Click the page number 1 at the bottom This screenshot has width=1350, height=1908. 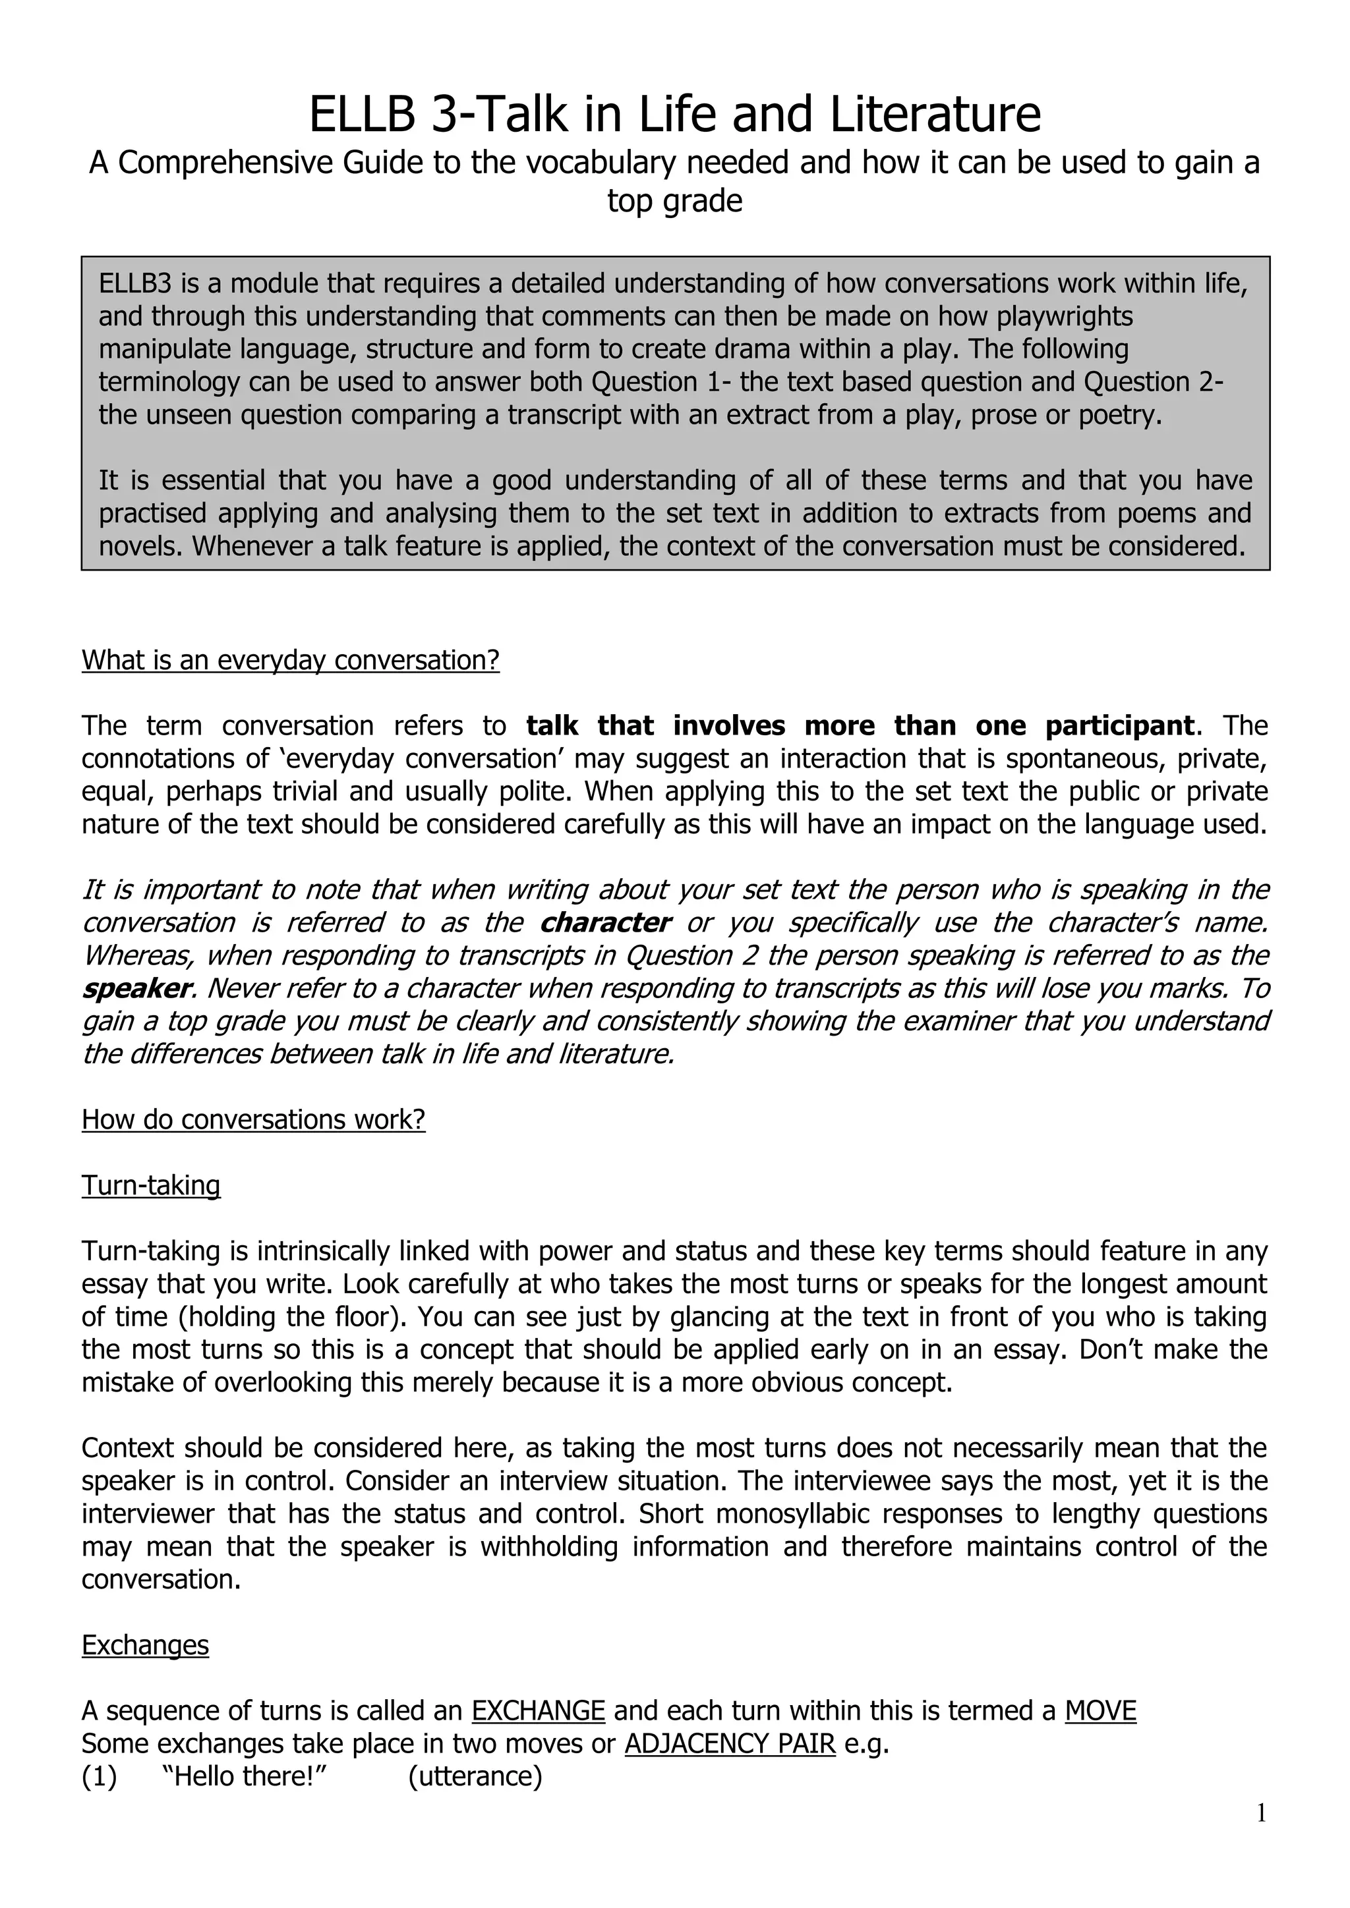tap(1261, 1813)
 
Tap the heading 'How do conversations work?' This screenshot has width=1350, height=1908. tap(254, 1119)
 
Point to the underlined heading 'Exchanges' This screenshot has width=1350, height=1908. tap(146, 1644)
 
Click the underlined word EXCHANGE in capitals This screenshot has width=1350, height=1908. tap(538, 1710)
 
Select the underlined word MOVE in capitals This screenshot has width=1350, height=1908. tap(1100, 1710)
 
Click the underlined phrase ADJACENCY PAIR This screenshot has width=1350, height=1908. tap(730, 1743)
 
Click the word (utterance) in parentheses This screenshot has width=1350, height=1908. tap(475, 1776)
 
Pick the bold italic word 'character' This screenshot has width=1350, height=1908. tap(604, 922)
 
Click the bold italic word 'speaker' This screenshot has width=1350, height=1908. tap(137, 988)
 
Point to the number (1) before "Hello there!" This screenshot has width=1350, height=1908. tap(99, 1776)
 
